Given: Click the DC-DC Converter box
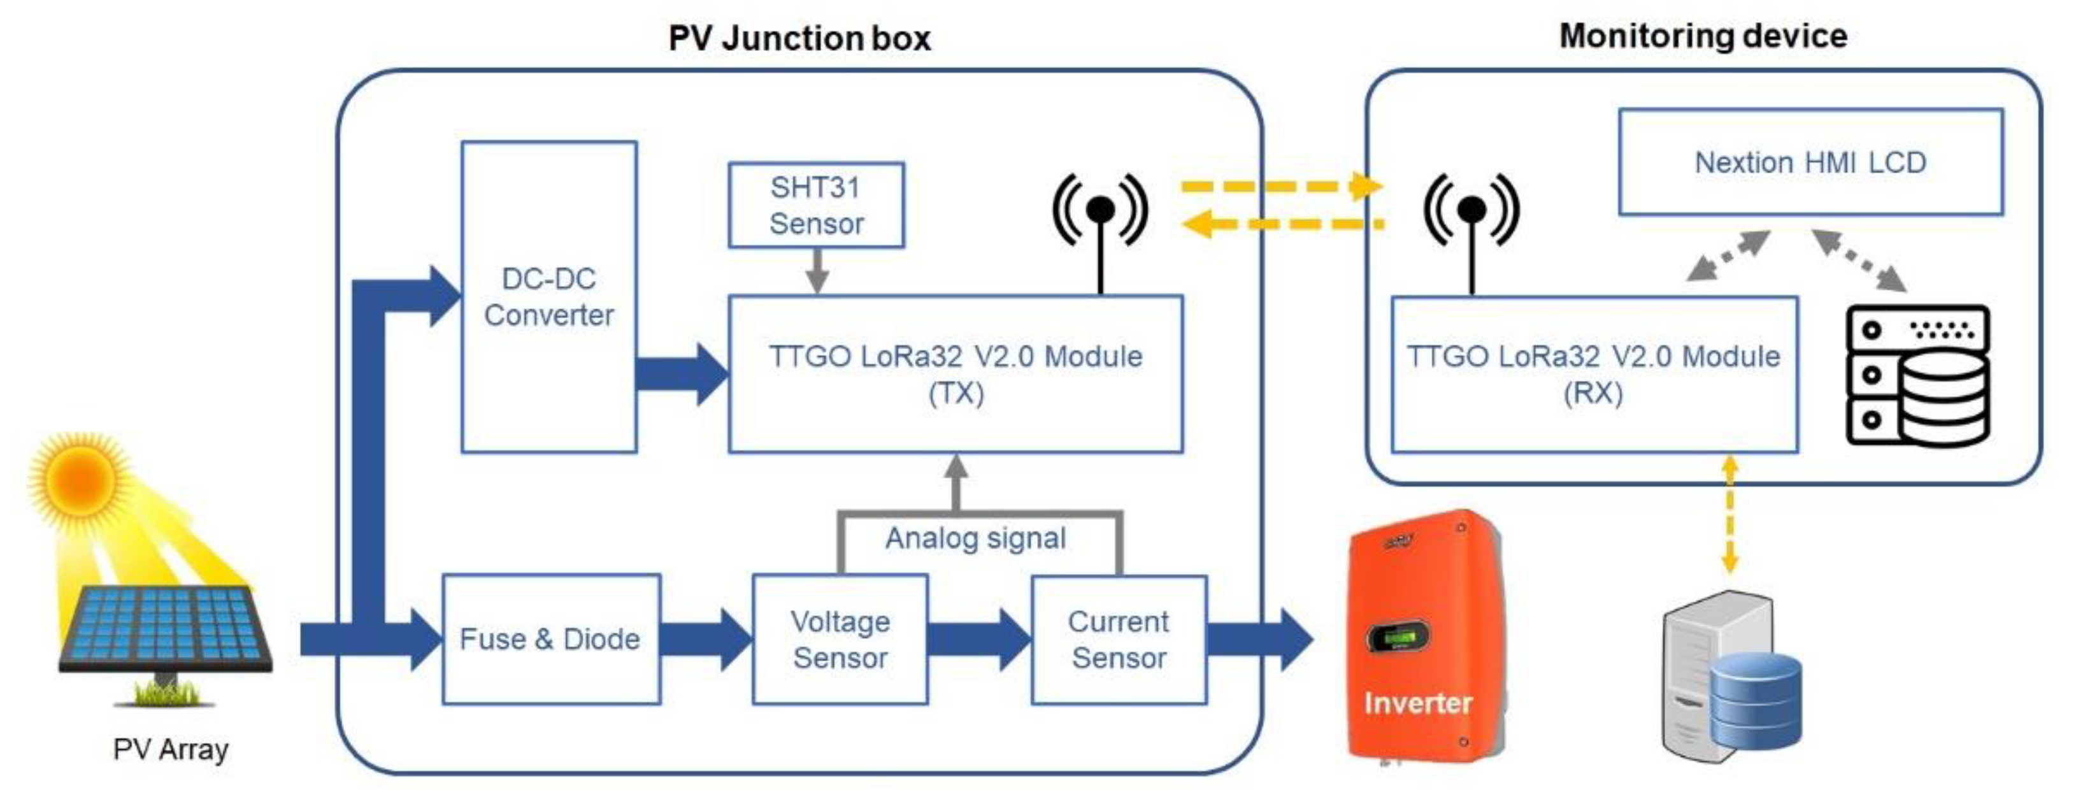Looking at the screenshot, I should click(549, 296).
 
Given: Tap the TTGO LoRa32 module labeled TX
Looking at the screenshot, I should click(955, 374).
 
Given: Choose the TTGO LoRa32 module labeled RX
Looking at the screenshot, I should click(1593, 374).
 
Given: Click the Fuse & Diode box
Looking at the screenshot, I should click(550, 639).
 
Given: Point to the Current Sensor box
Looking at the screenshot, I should click(1119, 639).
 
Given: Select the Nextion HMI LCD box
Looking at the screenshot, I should click(1810, 162).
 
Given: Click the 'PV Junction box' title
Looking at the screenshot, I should click(799, 38).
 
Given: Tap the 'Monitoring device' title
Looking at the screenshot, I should click(1703, 36).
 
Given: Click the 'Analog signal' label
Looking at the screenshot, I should click(975, 537).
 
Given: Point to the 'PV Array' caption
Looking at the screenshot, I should click(171, 749).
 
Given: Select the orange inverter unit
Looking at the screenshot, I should click(1422, 636).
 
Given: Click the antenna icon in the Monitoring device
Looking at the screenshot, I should click(1471, 222).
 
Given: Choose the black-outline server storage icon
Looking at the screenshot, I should click(1917, 375).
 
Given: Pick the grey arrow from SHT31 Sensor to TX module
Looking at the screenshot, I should click(817, 271).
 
